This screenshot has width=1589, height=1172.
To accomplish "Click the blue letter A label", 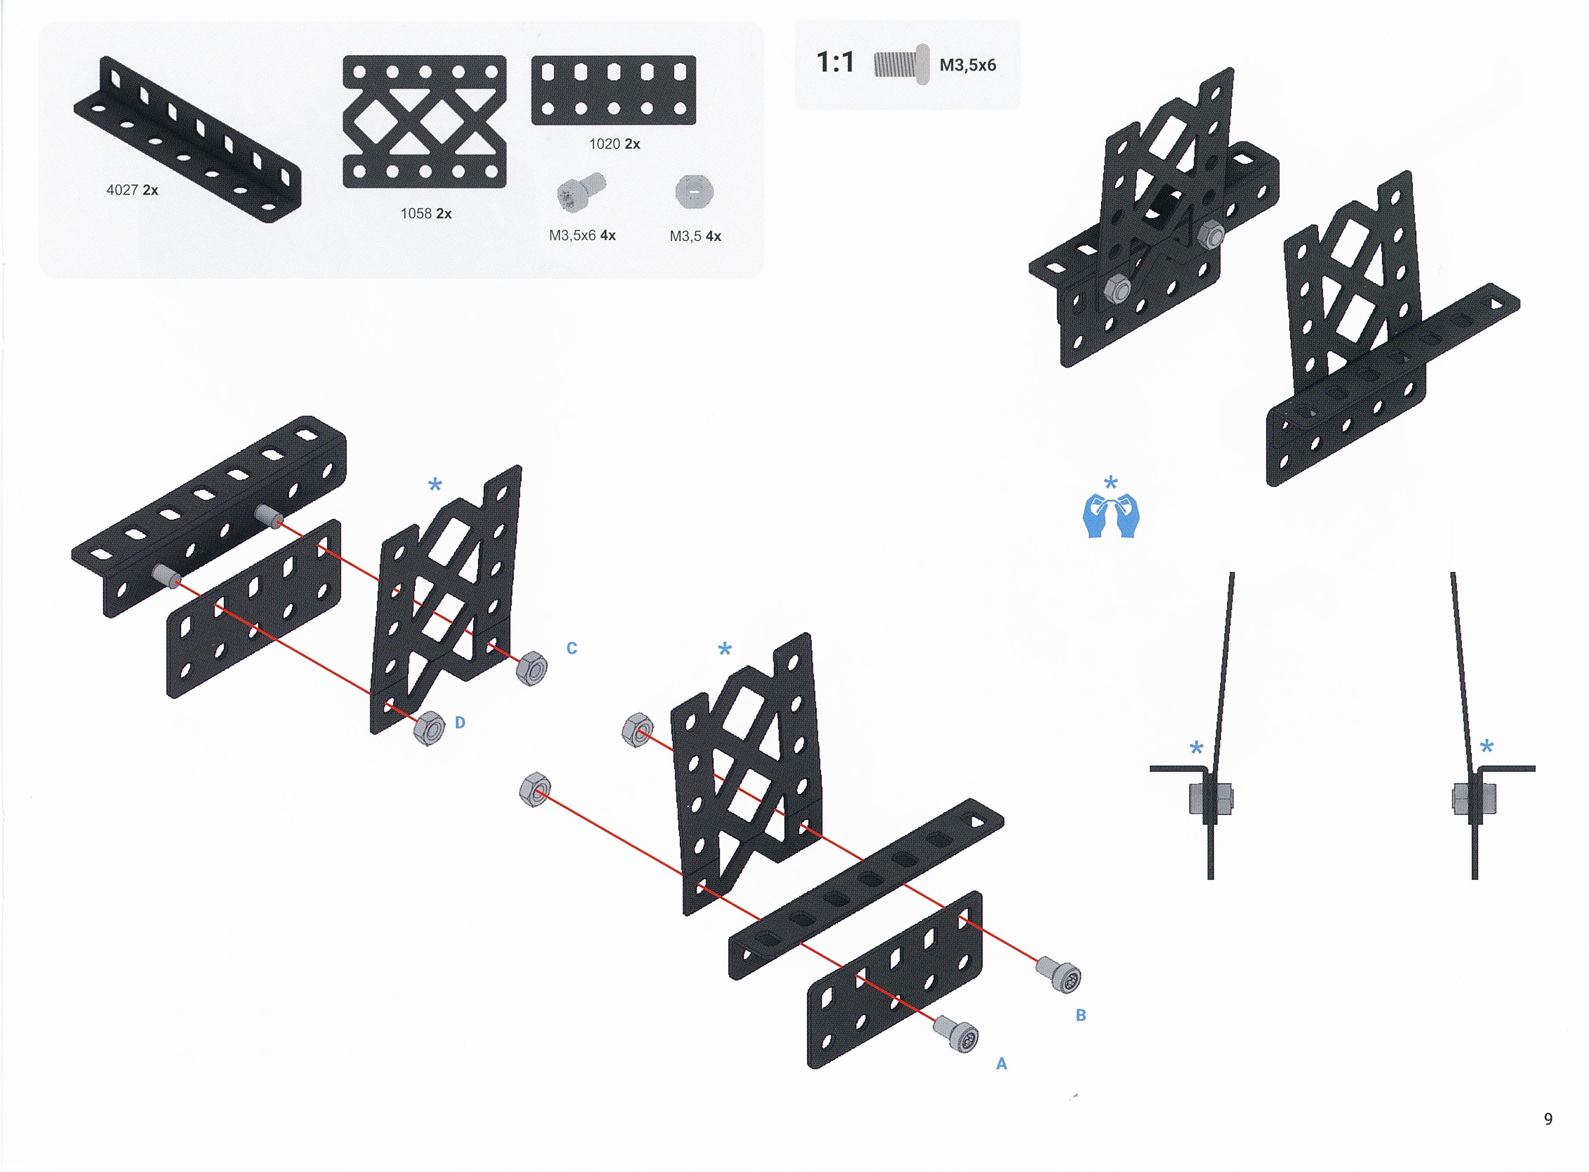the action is [x=1002, y=1063].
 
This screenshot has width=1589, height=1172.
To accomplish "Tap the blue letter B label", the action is [x=1081, y=1015].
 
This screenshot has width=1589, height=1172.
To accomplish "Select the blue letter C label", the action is [x=572, y=648].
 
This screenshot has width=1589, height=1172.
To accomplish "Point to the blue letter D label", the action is [x=460, y=723].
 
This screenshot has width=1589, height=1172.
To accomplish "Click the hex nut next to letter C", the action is [x=531, y=668].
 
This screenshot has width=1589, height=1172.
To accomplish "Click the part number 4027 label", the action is [x=122, y=190].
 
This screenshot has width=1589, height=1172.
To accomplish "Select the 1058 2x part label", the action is [x=426, y=214].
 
